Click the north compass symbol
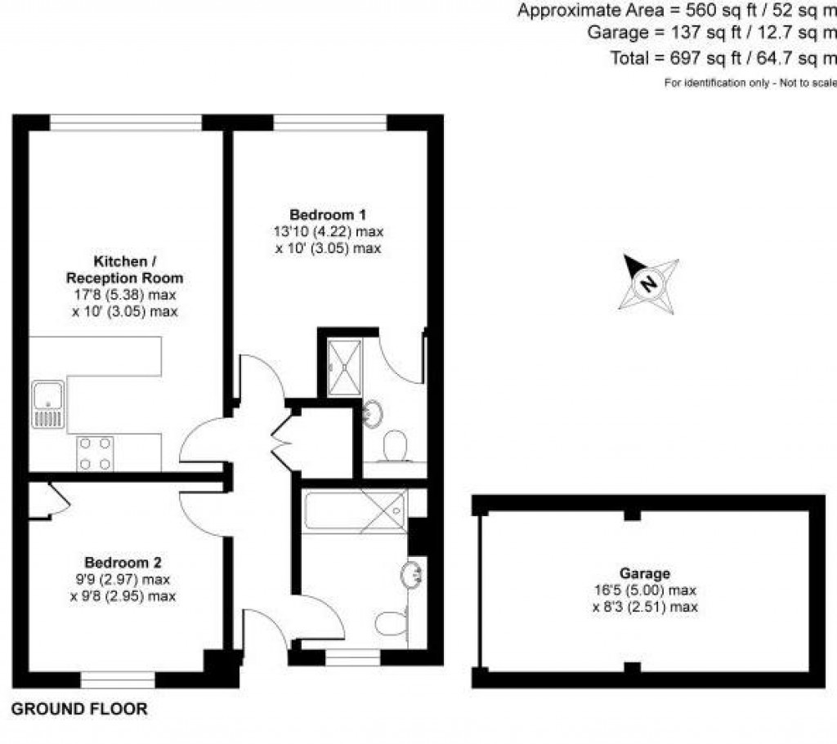[x=648, y=284]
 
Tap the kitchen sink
[x=47, y=405]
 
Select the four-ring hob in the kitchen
[x=94, y=453]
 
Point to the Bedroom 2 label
[x=123, y=563]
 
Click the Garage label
[x=644, y=573]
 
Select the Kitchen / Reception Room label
[x=124, y=270]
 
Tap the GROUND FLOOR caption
[x=79, y=709]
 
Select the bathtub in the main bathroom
[x=353, y=512]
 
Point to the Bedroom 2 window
[x=118, y=679]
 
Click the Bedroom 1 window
[x=329, y=123]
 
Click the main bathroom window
[x=352, y=657]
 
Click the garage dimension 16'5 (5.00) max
[x=644, y=590]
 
